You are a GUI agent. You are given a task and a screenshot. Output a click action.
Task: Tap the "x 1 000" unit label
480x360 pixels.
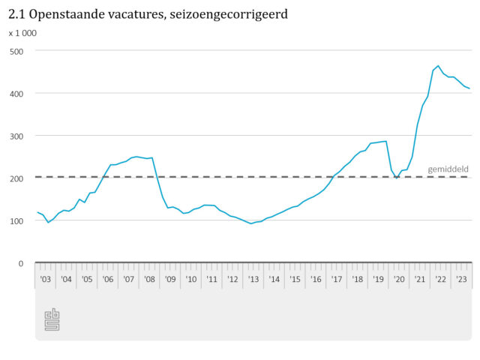(22, 33)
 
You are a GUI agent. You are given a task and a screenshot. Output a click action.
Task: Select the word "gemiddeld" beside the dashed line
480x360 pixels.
(448, 169)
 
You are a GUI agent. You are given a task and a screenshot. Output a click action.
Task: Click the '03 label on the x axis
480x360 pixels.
(46, 280)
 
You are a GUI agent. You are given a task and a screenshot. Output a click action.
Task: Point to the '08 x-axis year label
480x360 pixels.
(150, 280)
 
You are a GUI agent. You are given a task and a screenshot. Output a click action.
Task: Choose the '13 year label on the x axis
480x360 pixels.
(253, 280)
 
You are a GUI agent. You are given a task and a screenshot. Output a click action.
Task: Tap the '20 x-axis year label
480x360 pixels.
(400, 280)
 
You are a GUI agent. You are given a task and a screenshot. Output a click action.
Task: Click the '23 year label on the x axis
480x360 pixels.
(462, 280)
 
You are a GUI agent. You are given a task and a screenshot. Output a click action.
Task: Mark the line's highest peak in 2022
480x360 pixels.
(439, 65)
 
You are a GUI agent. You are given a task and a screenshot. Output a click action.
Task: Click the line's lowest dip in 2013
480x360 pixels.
(252, 223)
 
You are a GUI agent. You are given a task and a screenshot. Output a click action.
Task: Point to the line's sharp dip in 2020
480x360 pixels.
(397, 178)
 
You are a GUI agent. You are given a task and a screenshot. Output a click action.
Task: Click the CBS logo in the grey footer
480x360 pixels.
(52, 319)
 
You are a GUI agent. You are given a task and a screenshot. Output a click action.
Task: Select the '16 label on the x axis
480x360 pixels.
(316, 280)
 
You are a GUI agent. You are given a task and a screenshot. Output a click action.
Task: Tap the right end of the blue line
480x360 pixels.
(469, 88)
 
